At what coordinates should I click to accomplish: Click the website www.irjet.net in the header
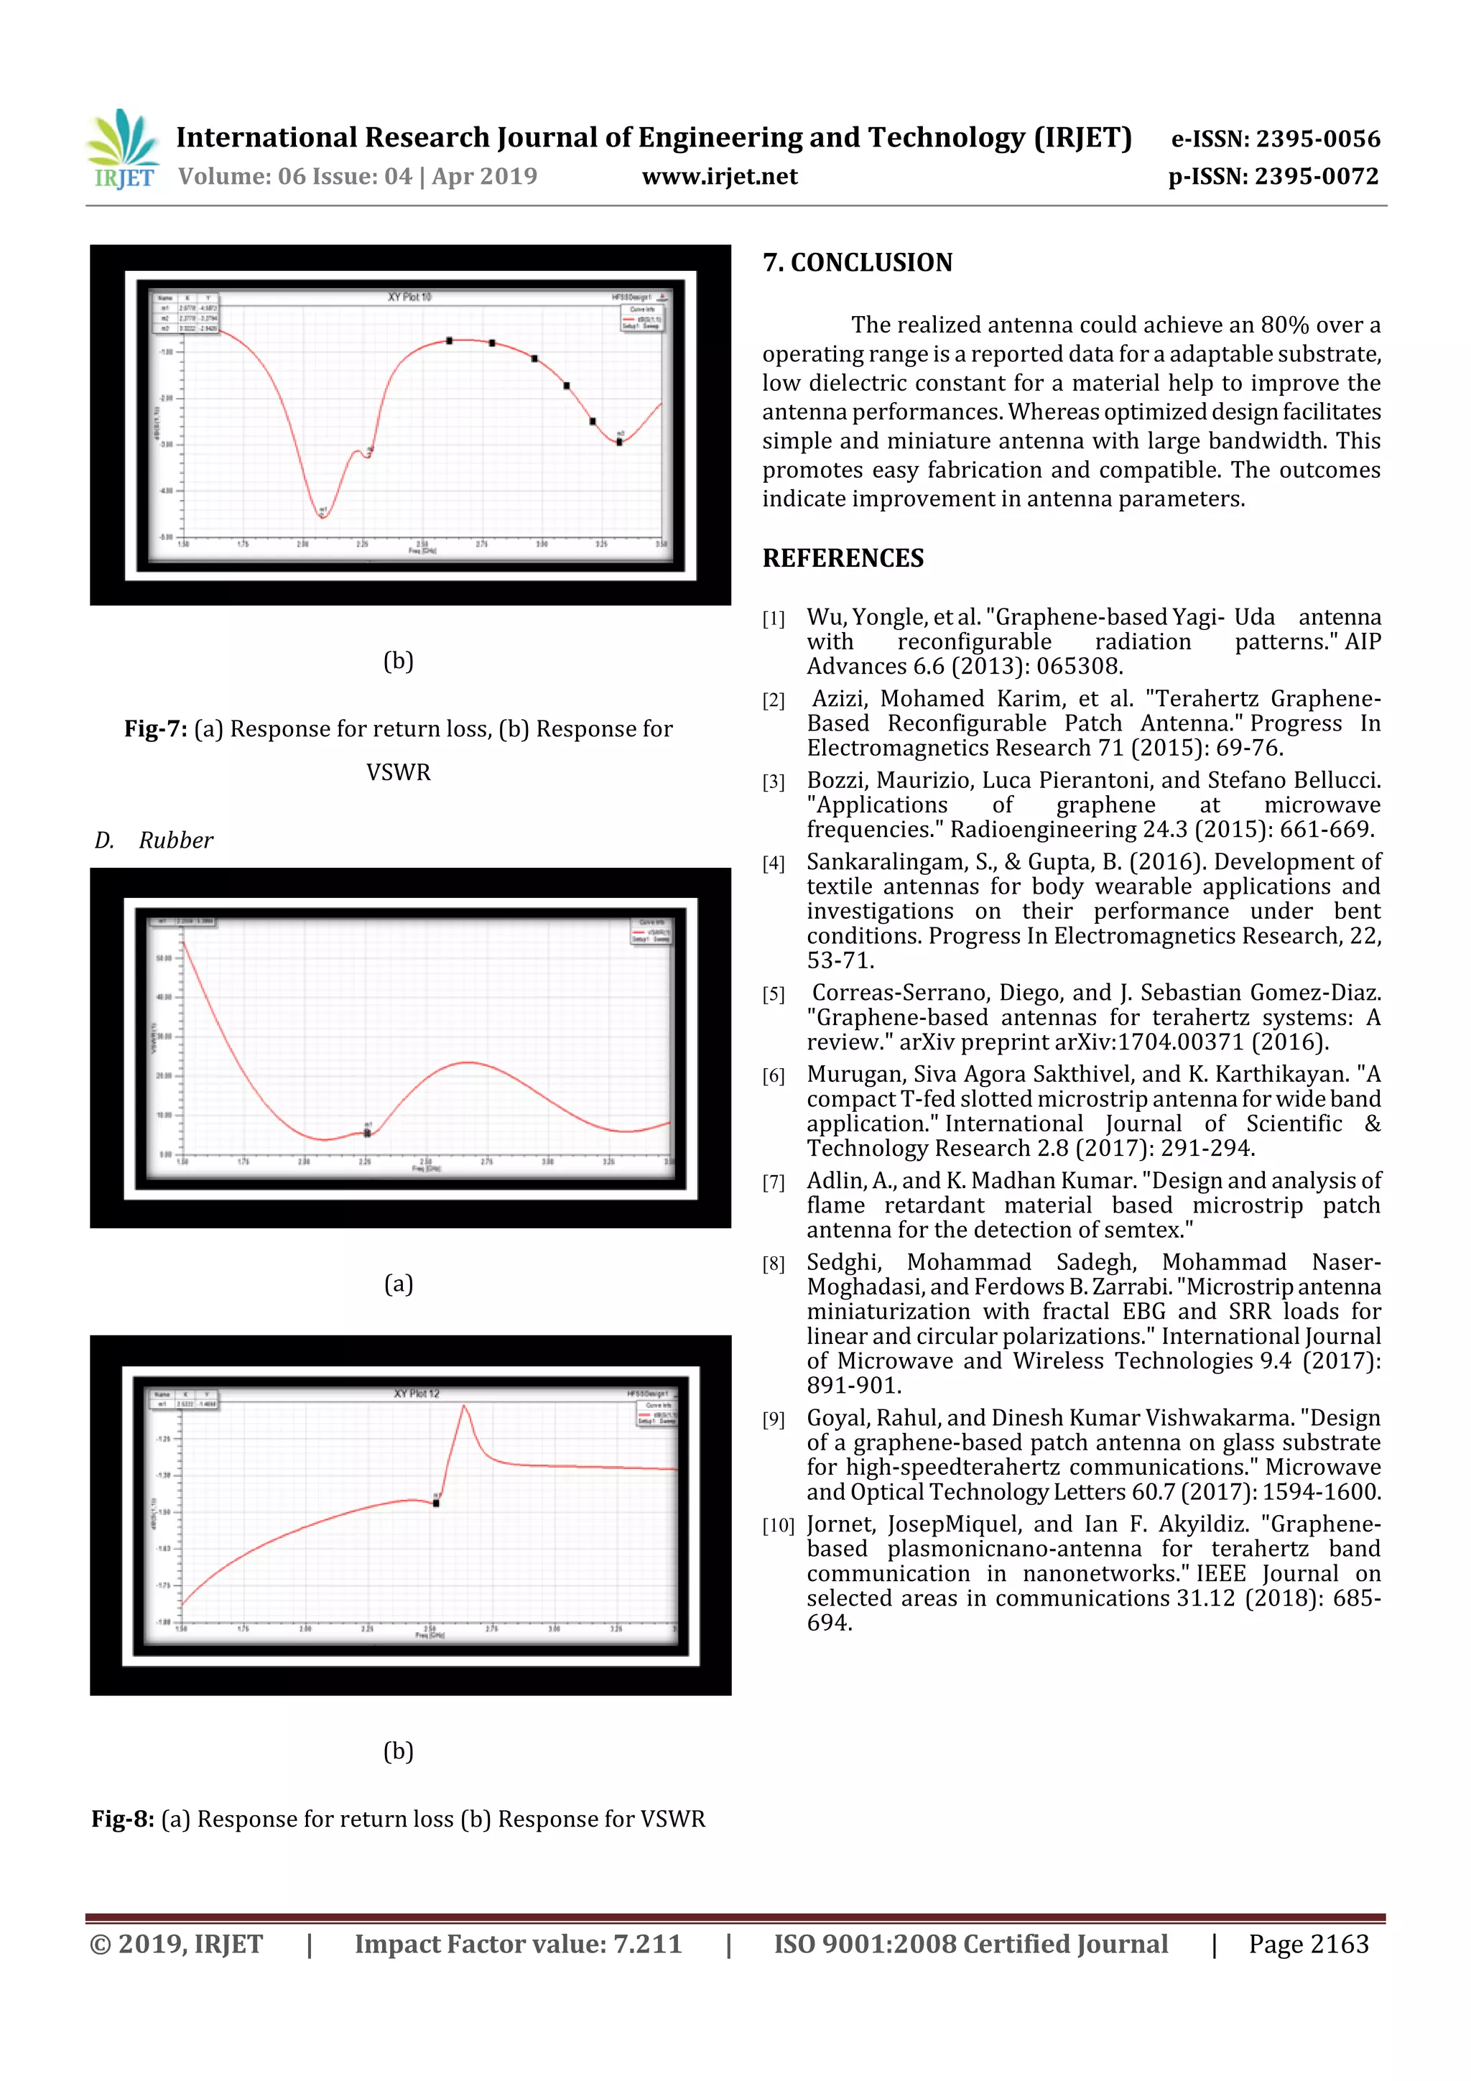720,177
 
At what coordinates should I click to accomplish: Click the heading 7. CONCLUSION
858,263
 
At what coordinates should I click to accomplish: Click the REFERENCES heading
843,558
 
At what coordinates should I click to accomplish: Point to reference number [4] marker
773,863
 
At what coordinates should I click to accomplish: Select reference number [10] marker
778,1526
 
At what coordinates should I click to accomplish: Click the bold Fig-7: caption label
156,730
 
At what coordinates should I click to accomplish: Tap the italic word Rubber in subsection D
176,841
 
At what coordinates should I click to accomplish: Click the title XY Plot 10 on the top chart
409,297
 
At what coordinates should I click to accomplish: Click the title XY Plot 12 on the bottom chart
416,1393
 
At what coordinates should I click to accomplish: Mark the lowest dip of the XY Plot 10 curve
322,516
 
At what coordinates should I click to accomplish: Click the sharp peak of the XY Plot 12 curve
464,1406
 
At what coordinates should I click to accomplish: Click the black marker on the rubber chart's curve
367,1133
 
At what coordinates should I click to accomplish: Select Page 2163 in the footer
1308,1944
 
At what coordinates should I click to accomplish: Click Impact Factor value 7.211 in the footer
518,1944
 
